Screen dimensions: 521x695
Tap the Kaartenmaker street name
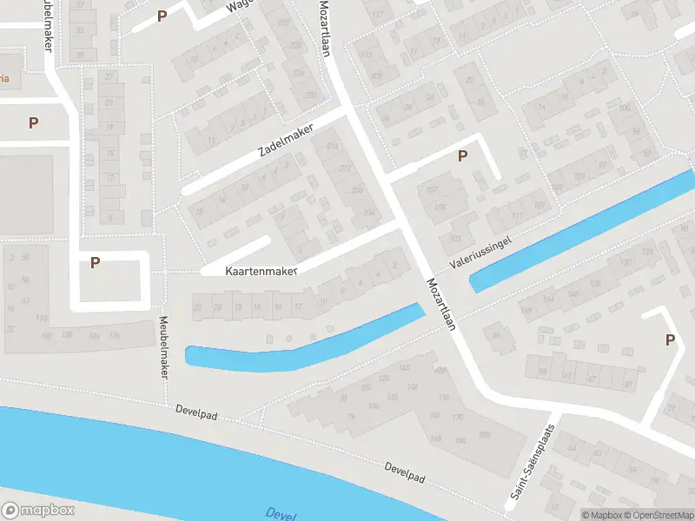[261, 271]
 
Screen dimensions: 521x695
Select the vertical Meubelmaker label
[162, 347]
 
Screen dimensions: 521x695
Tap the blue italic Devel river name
[281, 513]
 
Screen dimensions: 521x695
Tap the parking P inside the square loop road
[96, 261]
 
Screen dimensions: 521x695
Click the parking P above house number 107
[463, 156]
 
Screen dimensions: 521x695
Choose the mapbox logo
[37, 511]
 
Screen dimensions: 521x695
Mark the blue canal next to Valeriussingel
[582, 230]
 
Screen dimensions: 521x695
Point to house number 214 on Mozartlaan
[333, 148]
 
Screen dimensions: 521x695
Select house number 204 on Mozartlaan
[368, 211]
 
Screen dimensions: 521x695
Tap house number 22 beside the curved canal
[197, 307]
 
